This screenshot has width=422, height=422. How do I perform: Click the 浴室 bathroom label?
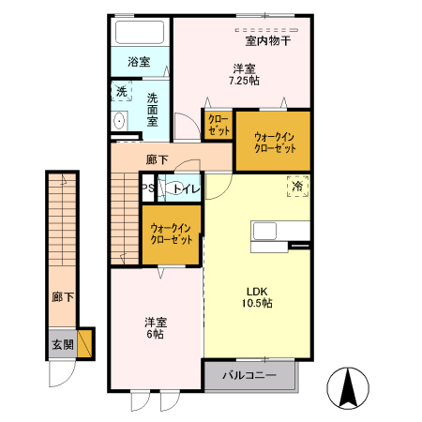click(x=139, y=62)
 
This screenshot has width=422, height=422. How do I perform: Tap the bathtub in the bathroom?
click(x=139, y=34)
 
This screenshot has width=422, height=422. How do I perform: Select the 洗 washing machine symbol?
click(x=120, y=92)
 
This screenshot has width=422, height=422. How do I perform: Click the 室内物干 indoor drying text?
click(x=267, y=40)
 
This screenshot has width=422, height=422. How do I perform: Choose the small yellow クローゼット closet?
click(x=218, y=125)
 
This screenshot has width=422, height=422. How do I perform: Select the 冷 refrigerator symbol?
click(x=297, y=188)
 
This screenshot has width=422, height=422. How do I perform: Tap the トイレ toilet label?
click(x=183, y=188)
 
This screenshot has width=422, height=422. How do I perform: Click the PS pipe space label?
click(x=147, y=188)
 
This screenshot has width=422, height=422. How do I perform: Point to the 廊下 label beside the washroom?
click(x=158, y=159)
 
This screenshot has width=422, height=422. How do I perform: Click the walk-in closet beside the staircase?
click(x=171, y=234)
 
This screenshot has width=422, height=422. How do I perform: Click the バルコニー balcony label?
click(x=249, y=376)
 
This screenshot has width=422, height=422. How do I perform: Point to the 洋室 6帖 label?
click(x=155, y=328)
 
